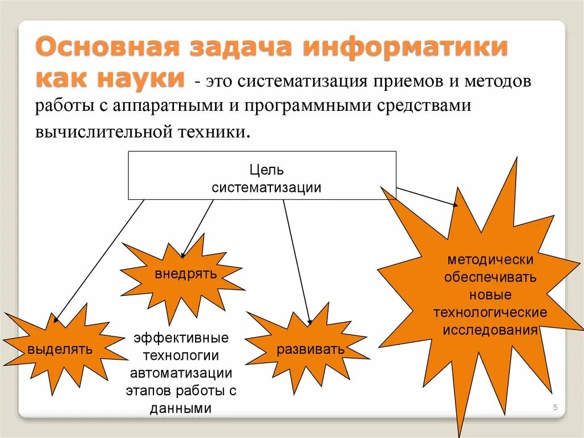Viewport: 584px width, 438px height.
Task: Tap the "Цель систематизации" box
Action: tap(262, 175)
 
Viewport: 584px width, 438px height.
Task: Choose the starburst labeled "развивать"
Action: tap(310, 349)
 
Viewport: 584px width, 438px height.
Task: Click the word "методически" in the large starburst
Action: tap(490, 260)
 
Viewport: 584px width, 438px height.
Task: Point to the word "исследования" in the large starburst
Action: tap(490, 331)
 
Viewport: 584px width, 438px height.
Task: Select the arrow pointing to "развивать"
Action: tap(297, 263)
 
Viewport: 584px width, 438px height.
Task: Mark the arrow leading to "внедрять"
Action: tap(197, 228)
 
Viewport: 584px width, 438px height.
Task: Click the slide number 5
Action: tap(555, 407)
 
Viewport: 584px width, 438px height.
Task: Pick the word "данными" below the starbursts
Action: tap(181, 408)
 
